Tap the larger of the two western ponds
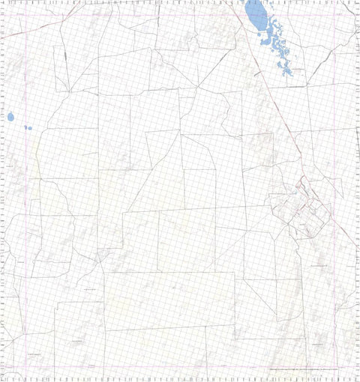[11, 117]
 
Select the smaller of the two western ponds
[28, 127]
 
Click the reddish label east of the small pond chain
[297, 70]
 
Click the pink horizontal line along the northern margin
[180, 13]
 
